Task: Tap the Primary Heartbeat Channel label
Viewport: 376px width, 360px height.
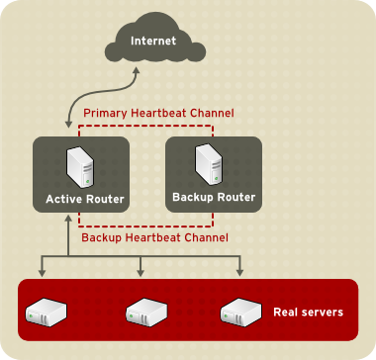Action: [x=158, y=114]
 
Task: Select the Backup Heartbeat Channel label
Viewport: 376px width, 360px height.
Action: [x=154, y=238]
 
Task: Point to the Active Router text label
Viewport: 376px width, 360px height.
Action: [x=85, y=200]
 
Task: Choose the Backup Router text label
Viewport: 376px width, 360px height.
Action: [x=213, y=197]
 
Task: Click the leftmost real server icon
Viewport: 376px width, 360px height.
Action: [x=41, y=314]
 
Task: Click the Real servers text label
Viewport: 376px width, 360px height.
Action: [x=308, y=313]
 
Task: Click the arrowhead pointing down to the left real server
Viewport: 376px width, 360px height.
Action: [x=41, y=272]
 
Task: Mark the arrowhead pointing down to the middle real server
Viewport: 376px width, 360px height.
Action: [x=141, y=272]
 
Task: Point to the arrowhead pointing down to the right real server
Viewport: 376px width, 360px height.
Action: [x=240, y=272]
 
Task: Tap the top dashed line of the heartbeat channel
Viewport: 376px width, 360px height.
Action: [x=168, y=127]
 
